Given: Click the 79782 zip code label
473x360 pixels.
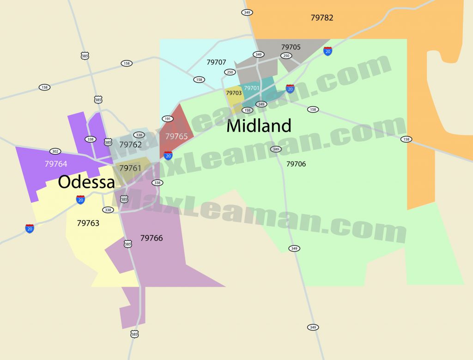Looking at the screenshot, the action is click(x=322, y=18).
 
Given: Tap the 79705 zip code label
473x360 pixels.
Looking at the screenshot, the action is click(x=291, y=47).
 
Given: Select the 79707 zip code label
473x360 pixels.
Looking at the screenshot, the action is click(x=216, y=62).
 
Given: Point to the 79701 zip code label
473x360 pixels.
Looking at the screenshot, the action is click(x=252, y=88).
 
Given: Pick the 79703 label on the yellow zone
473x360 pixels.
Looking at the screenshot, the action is click(x=233, y=93).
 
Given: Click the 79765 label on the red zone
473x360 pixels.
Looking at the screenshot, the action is click(x=176, y=137).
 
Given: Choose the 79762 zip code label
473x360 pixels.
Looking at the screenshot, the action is click(x=130, y=144).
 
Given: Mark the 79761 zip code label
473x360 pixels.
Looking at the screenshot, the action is click(x=130, y=168).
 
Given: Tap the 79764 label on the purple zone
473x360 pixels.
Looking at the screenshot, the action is click(x=56, y=163).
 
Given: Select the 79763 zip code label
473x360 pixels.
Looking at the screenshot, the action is click(x=88, y=223).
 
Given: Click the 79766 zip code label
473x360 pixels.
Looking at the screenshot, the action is click(x=152, y=238).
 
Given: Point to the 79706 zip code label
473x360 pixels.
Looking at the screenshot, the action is click(x=296, y=164).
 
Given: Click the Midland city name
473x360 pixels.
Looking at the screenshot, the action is click(x=259, y=126).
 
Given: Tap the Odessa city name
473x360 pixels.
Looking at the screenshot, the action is click(x=86, y=182).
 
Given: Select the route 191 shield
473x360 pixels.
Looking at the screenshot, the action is click(x=167, y=119).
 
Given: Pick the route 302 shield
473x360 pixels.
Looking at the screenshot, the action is click(x=55, y=151).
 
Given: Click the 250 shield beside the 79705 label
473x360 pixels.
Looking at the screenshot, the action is click(x=286, y=56).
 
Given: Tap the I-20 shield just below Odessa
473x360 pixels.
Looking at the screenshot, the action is click(x=80, y=199).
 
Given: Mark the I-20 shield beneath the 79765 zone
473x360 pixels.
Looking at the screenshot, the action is click(x=168, y=155).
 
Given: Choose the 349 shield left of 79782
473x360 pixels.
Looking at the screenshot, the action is click(x=247, y=12).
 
